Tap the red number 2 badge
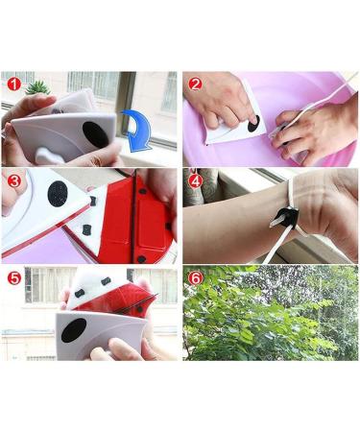[x=195, y=83]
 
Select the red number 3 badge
[x=12, y=180]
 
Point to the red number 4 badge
[x=195, y=180]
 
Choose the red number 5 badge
[x=12, y=277]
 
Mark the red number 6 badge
[x=195, y=277]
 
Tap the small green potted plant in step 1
[x=38, y=87]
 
